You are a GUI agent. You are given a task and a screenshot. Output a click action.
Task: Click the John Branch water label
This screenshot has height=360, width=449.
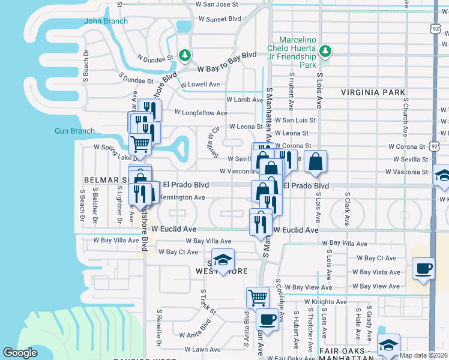pos(106,21)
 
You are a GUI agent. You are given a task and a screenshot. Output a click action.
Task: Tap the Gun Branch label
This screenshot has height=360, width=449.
pos(74,131)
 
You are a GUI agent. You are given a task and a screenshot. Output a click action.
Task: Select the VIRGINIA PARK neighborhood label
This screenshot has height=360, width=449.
pos(373,92)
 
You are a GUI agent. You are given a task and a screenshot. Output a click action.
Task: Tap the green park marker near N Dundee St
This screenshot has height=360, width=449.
pos(185,56)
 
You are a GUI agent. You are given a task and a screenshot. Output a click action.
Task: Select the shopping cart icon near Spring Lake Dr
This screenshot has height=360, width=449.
pos(140,144)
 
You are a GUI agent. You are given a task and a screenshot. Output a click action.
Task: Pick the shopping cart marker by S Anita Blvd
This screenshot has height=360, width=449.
pos(258,296)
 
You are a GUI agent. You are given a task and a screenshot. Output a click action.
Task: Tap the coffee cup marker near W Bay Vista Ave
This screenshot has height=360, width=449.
pos(423,268)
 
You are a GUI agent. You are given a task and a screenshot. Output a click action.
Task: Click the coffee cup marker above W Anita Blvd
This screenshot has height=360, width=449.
pos(267,319)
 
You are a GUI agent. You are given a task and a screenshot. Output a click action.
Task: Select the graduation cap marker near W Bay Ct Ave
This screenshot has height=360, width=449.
pos(223,259)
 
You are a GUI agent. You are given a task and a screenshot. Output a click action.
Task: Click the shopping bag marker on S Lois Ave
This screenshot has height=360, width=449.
pos(315,160)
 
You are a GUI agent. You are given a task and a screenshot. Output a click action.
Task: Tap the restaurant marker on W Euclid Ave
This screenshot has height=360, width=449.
pos(261,224)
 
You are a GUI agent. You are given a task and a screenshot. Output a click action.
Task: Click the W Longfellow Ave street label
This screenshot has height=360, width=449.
pos(201,112)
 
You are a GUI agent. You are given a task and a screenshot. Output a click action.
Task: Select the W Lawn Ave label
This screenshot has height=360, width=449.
pos(203,349)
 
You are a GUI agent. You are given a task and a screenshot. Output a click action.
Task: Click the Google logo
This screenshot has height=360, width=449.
pos(20,353)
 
